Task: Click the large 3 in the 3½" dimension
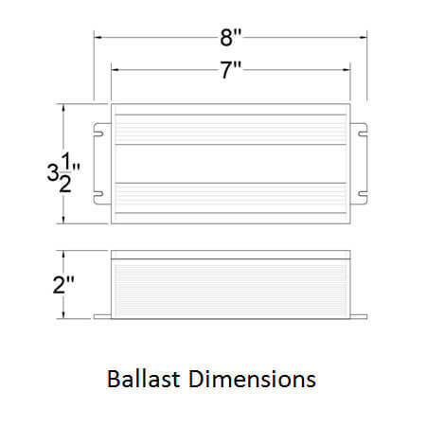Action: (x=54, y=173)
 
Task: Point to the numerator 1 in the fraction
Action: (x=65, y=161)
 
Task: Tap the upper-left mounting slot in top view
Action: (x=98, y=132)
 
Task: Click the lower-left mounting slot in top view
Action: (x=98, y=196)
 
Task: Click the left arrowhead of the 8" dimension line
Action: (x=97, y=38)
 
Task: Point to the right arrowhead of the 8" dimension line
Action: (x=365, y=38)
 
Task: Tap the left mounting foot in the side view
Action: (x=102, y=316)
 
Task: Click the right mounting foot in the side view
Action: (x=360, y=316)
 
